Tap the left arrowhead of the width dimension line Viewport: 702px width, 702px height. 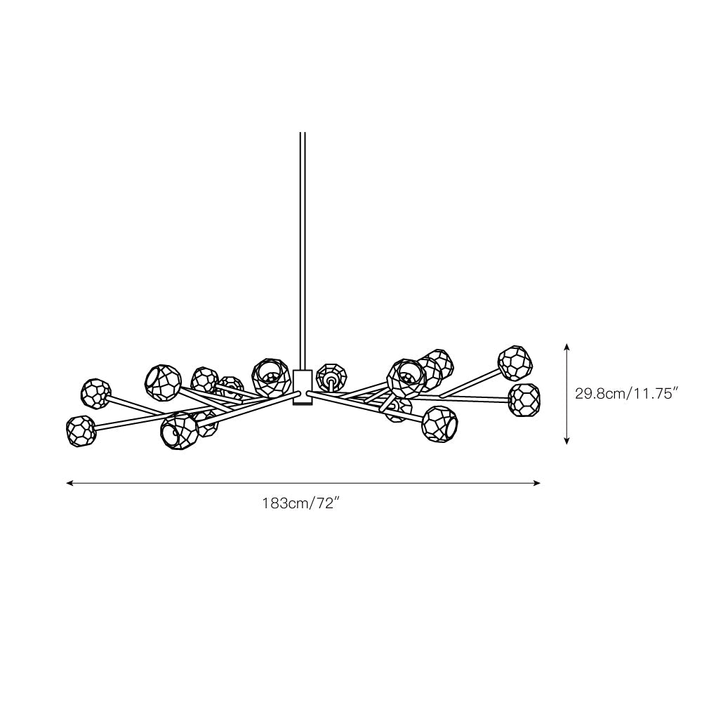click(x=69, y=483)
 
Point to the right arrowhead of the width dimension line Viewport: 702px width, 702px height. click(x=537, y=483)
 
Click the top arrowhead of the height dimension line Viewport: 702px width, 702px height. click(x=567, y=347)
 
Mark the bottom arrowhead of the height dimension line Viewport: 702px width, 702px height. click(x=567, y=441)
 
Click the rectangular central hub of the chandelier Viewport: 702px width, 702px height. click(x=302, y=388)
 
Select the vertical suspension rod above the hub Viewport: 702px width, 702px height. click(x=302, y=251)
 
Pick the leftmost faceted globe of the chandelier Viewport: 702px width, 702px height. click(x=81, y=431)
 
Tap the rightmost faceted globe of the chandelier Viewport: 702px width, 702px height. click(x=524, y=399)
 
